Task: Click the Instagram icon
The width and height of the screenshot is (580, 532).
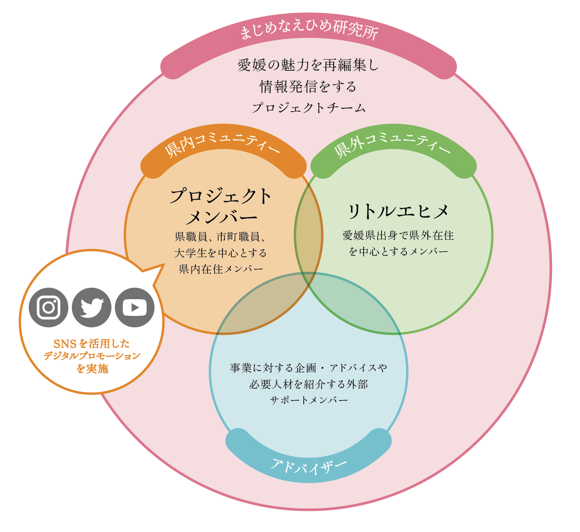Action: (x=48, y=307)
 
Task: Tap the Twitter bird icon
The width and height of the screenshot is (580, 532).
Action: (x=92, y=307)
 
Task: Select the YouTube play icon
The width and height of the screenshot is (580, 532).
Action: (x=135, y=307)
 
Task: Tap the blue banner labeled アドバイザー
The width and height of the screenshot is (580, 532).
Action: (x=309, y=466)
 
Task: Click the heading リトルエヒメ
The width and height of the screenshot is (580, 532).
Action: (x=398, y=211)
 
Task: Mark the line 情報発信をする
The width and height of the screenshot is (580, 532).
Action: (x=308, y=87)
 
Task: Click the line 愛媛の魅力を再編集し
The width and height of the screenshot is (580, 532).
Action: (x=308, y=65)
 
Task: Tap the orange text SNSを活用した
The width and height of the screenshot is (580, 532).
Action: (x=92, y=344)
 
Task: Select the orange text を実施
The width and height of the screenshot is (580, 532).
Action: (x=92, y=368)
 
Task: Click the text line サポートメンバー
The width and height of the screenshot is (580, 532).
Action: (x=309, y=400)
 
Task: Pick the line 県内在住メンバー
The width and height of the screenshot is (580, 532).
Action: (x=221, y=269)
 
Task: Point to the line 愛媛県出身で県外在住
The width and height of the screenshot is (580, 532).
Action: (x=398, y=235)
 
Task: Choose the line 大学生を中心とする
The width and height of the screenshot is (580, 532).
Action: (x=220, y=253)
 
